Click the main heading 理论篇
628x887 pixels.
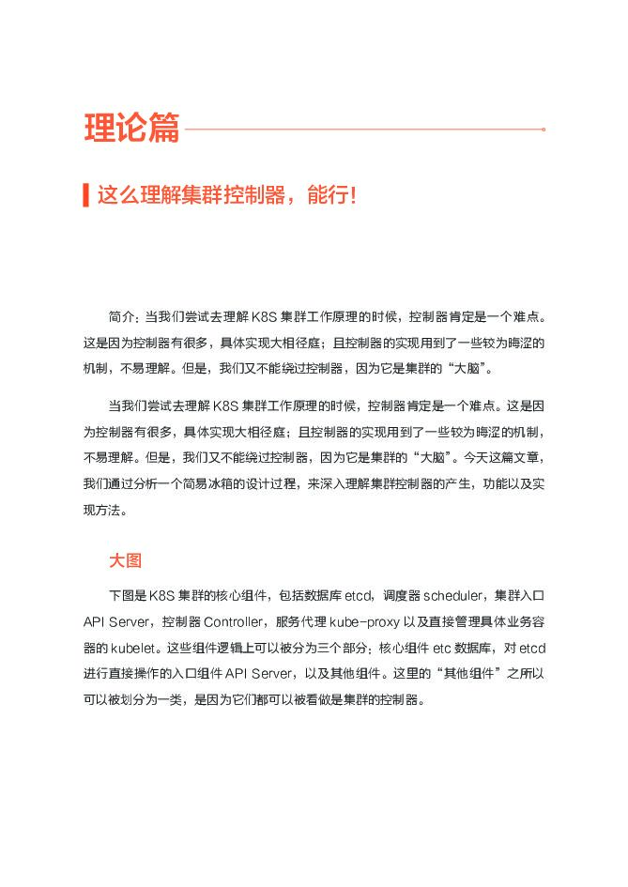coord(130,130)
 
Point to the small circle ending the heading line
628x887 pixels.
coord(544,130)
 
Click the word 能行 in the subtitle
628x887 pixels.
coord(326,197)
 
